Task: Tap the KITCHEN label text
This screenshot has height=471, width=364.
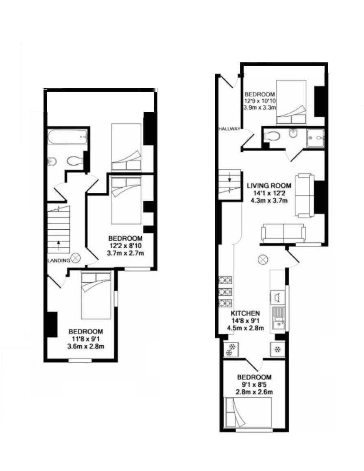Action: click(245, 313)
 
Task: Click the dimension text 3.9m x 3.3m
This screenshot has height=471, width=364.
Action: click(259, 108)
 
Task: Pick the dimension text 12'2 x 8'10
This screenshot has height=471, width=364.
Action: click(125, 245)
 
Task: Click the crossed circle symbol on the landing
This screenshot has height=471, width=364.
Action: click(76, 257)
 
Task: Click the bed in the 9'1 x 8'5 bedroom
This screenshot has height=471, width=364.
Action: click(248, 412)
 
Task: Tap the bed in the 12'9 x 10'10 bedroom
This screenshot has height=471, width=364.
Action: click(291, 102)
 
